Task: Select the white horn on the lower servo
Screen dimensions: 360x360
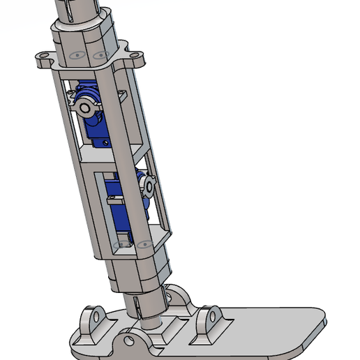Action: point(148,185)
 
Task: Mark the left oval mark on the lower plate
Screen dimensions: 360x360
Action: point(117,245)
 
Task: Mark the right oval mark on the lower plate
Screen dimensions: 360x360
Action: point(145,243)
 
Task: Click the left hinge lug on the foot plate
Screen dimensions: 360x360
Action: point(91,320)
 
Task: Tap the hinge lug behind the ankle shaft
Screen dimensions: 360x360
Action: point(179,298)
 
